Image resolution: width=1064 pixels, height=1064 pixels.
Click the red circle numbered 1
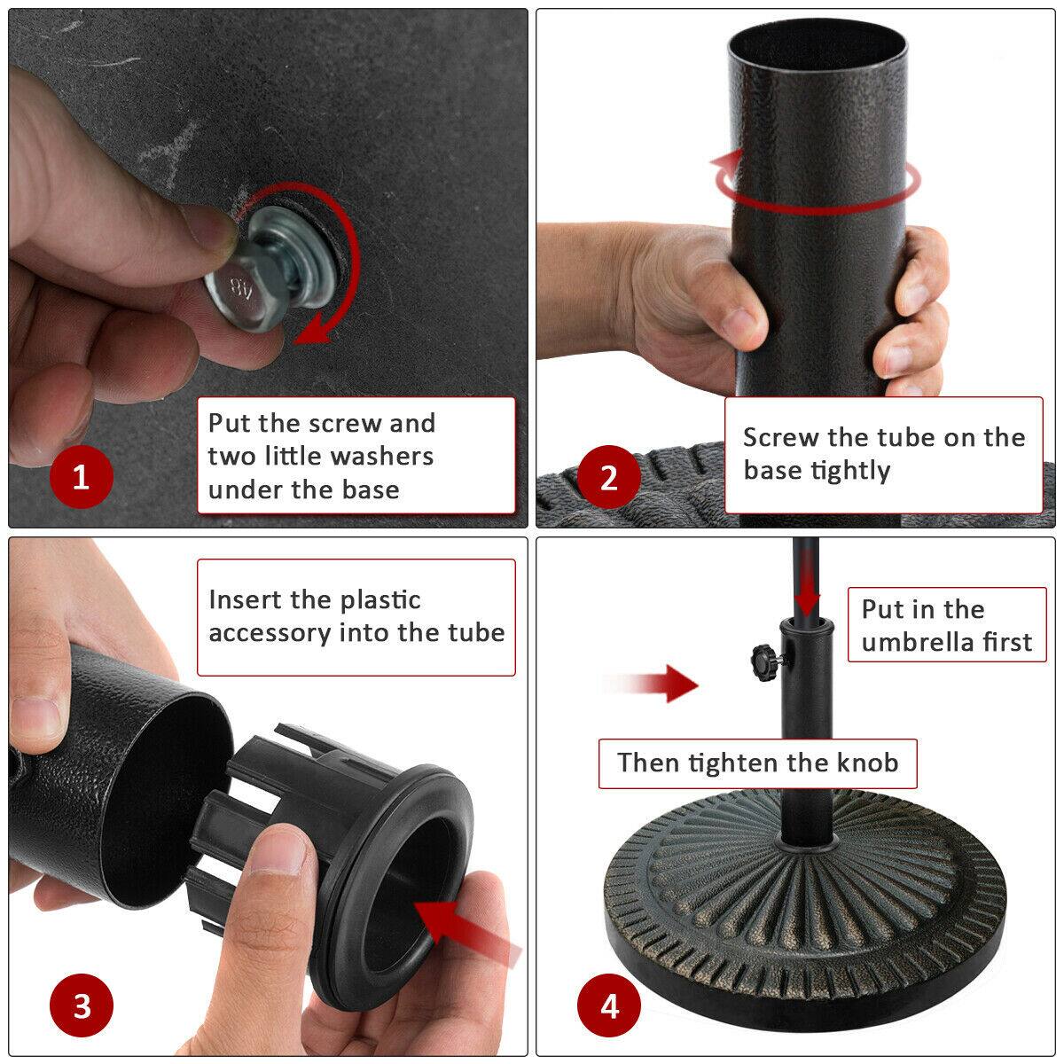(82, 479)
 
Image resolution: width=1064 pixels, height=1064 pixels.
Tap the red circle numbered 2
(608, 479)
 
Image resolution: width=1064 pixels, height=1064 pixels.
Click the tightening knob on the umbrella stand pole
(762, 659)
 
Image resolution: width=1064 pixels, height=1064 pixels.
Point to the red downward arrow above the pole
(806, 590)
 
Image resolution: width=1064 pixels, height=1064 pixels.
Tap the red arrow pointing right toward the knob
(652, 684)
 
